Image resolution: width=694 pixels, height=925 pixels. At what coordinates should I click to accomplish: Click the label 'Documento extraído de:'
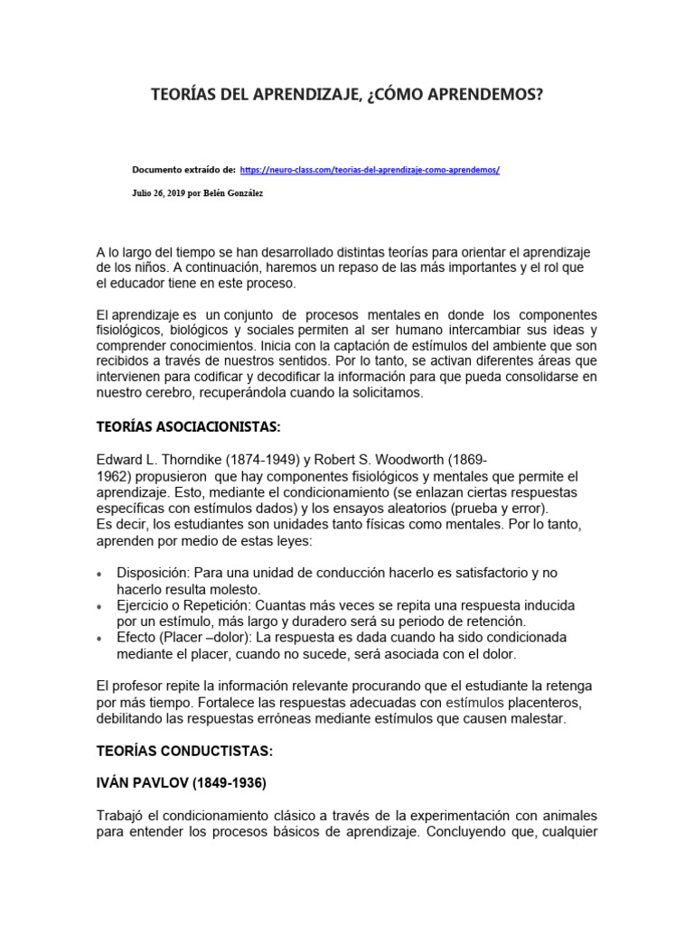coord(184,170)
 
